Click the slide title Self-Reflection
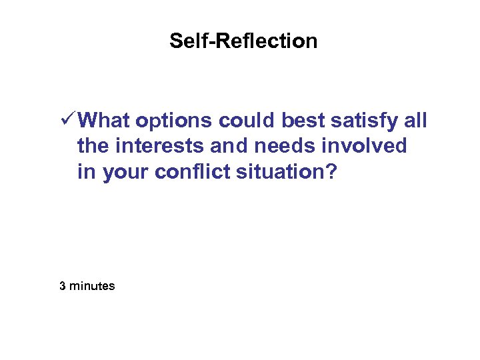tap(243, 41)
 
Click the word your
tap(126, 173)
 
